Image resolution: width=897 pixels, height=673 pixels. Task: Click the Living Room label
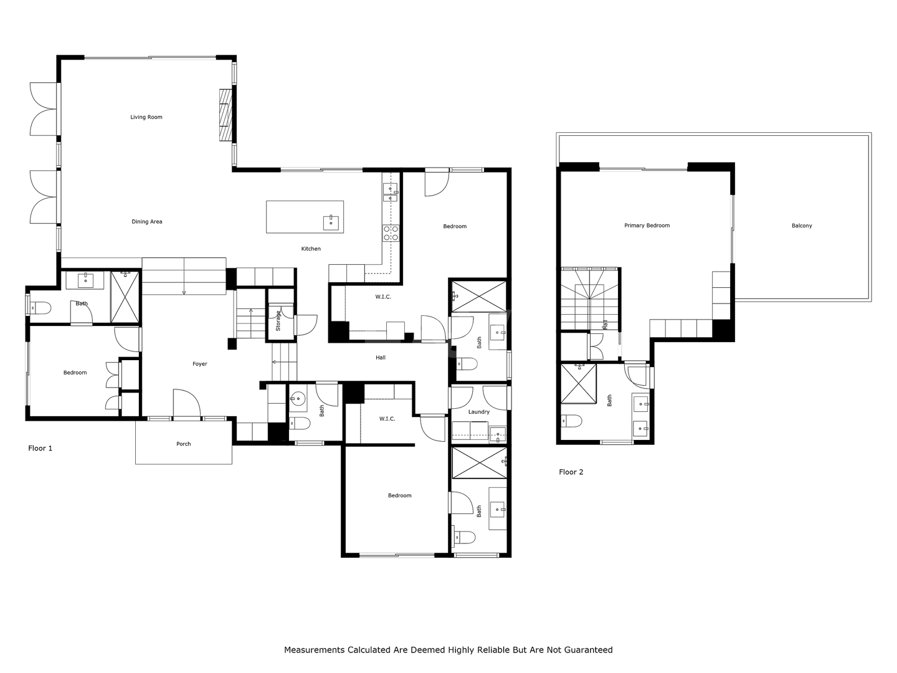(146, 117)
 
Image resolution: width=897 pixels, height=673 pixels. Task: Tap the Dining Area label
(147, 222)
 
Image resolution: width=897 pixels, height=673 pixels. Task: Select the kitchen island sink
(331, 223)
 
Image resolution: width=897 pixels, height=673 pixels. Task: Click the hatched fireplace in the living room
(225, 115)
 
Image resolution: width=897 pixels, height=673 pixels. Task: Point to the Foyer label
(200, 364)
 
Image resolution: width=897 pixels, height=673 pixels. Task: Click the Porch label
(184, 444)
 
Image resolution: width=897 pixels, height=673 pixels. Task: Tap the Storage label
(278, 321)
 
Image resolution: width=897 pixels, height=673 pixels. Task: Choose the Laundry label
(478, 412)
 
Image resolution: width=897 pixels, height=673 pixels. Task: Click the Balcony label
(802, 226)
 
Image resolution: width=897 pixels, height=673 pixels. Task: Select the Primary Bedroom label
(647, 226)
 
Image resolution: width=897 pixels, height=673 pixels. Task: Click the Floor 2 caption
(571, 472)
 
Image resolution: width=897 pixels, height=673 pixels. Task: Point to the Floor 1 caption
(40, 448)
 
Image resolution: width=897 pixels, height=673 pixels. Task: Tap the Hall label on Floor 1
(381, 358)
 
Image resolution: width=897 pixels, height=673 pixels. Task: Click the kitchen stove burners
(391, 233)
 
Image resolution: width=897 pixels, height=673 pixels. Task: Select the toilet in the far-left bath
(40, 308)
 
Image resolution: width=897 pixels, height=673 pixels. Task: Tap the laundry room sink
(498, 435)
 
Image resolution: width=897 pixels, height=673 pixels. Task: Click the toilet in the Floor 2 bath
(571, 421)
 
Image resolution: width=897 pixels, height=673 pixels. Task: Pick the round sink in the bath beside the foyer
(298, 398)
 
